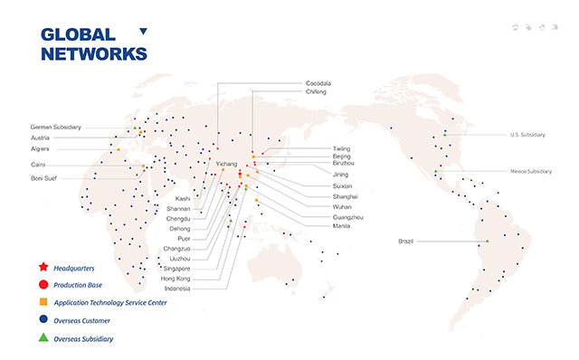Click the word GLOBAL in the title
(x=79, y=35)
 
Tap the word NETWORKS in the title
(x=94, y=53)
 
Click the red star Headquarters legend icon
(x=43, y=268)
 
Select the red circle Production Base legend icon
(x=43, y=285)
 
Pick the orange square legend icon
(x=43, y=302)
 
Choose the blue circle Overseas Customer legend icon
(x=43, y=319)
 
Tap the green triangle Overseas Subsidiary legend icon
(x=43, y=337)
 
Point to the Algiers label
(x=41, y=148)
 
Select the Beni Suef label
(x=43, y=178)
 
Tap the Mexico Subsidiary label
(x=530, y=171)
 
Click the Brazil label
(x=407, y=241)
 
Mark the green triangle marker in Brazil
(x=487, y=240)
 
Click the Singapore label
(x=177, y=269)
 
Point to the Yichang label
(x=225, y=164)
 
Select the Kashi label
(x=183, y=197)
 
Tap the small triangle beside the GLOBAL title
(x=143, y=32)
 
